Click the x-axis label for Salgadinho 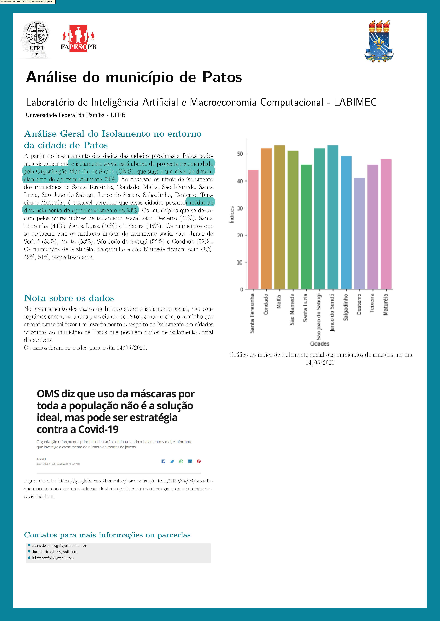coord(346,307)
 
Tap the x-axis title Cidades coord(319,344)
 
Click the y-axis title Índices coord(232,214)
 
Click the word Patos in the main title coord(222,77)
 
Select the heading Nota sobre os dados coord(69,298)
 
